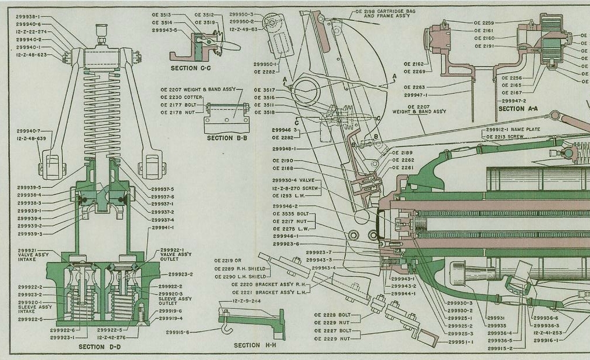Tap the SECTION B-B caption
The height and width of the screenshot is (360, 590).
227,138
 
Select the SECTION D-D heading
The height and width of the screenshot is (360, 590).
99,347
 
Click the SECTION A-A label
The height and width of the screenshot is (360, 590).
519,109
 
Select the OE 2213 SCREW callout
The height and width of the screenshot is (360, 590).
503,137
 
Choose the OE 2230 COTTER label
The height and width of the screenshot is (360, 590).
183,97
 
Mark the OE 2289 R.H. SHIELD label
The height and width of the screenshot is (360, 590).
240,269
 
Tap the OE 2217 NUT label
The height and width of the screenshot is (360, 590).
289,222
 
